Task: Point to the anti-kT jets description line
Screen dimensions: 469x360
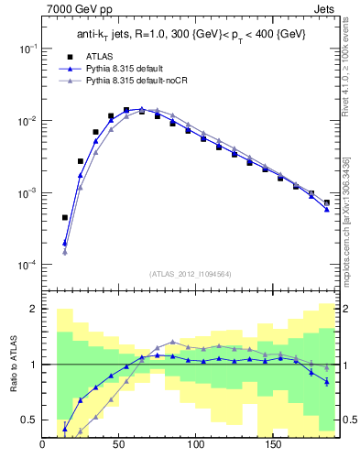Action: tap(190, 35)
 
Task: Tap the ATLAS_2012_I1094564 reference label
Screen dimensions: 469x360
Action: tap(190, 273)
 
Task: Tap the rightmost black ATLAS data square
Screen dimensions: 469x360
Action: tap(326, 202)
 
